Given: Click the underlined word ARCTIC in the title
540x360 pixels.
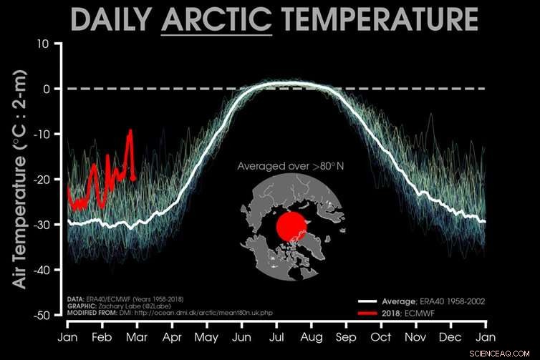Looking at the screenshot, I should [217, 20].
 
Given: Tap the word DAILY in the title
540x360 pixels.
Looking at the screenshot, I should [113, 20].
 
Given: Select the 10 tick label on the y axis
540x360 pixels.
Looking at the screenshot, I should [42, 44].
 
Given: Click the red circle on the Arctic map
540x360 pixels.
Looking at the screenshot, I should [291, 227].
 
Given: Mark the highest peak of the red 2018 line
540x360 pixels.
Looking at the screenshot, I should [130, 131].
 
